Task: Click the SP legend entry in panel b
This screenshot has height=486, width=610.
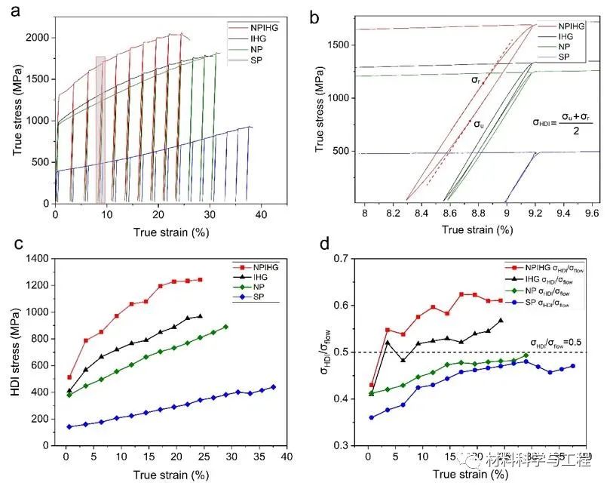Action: coord(568,57)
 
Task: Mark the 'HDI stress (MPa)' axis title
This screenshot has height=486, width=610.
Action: coord(14,352)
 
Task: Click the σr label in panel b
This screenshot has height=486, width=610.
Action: coord(476,79)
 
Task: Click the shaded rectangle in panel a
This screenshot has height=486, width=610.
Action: coord(100,128)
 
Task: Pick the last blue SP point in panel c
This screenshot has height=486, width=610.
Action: coord(273,387)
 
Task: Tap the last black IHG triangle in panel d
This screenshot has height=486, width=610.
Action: coord(501,321)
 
